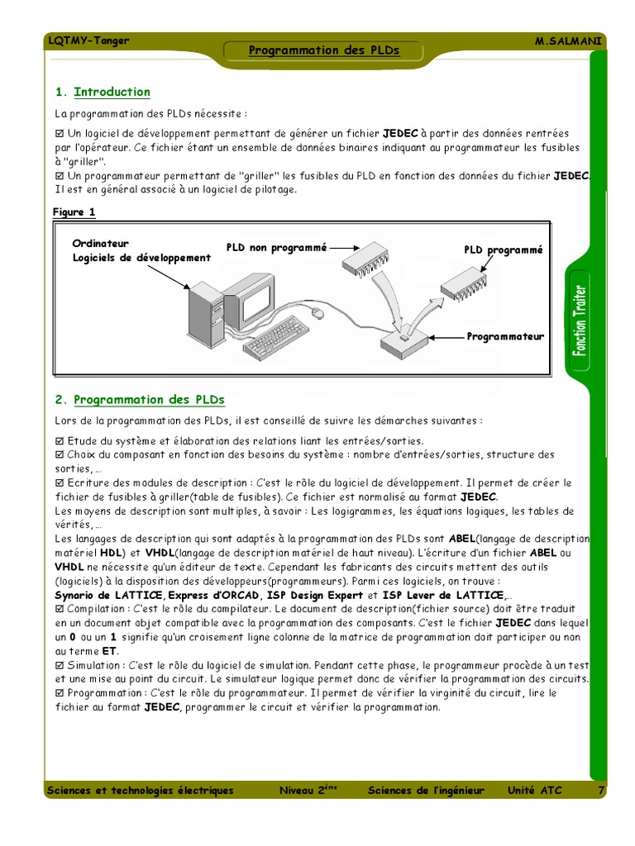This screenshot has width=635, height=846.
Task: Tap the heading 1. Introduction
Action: click(x=103, y=92)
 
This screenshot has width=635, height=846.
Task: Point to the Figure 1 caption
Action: click(x=74, y=212)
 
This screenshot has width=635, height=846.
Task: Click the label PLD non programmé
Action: click(x=277, y=246)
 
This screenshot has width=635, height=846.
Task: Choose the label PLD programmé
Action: click(x=503, y=250)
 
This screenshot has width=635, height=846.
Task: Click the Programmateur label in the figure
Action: click(x=505, y=336)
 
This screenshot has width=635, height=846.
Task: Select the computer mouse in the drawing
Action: click(x=314, y=312)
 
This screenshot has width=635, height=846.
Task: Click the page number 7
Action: click(x=600, y=791)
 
